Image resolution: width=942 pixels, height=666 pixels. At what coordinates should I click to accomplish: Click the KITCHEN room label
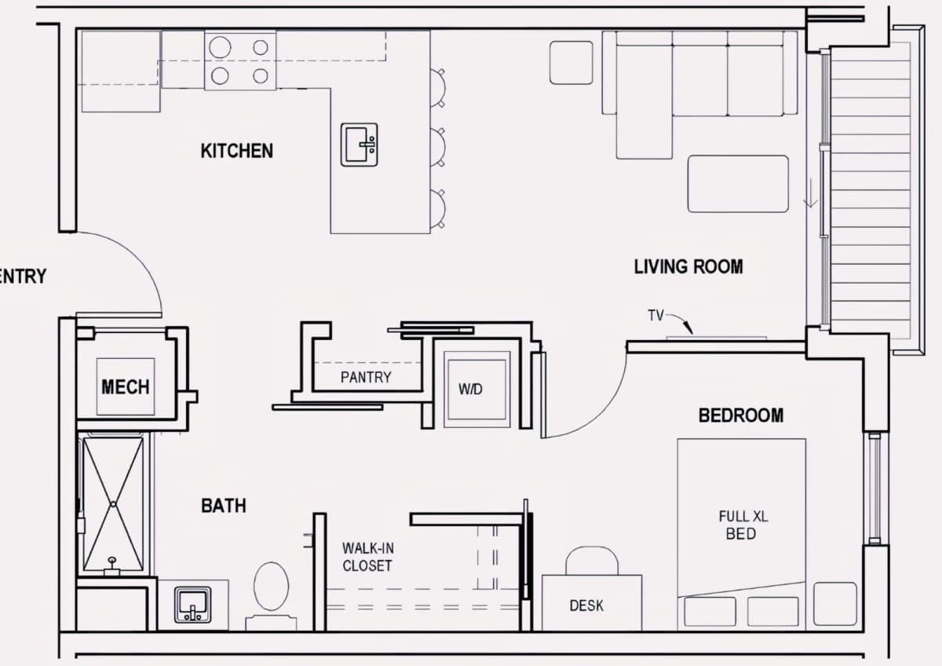tap(237, 151)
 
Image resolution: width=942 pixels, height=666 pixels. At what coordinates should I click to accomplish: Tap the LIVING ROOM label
tap(688, 267)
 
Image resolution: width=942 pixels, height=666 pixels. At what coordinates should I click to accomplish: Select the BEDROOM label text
tap(741, 415)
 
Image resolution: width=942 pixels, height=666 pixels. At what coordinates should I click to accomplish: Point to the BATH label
tap(224, 505)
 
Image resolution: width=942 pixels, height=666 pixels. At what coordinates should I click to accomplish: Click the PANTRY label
tap(366, 377)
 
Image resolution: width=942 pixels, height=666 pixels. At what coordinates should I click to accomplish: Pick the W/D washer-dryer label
tap(470, 390)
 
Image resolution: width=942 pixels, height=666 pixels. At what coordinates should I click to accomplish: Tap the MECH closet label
tap(126, 386)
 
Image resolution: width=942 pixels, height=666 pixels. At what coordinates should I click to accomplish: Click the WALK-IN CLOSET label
tap(368, 557)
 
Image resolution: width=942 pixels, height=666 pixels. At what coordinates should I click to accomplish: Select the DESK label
tap(586, 606)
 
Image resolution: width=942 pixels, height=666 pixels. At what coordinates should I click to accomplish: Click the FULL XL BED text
tap(743, 525)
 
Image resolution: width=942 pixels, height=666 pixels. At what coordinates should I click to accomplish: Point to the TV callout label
tap(655, 315)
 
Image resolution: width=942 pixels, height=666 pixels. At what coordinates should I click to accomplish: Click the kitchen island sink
tap(360, 145)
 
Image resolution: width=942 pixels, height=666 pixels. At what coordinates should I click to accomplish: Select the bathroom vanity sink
tap(192, 605)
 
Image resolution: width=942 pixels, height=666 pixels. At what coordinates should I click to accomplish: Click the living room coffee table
tap(738, 184)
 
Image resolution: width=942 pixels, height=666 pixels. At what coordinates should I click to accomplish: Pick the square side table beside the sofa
tap(571, 63)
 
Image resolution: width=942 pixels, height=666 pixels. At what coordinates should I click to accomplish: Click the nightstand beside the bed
tap(834, 604)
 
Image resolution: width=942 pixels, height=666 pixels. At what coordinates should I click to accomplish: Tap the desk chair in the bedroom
tap(592, 561)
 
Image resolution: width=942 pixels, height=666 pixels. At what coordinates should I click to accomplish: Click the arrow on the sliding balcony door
tap(810, 193)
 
